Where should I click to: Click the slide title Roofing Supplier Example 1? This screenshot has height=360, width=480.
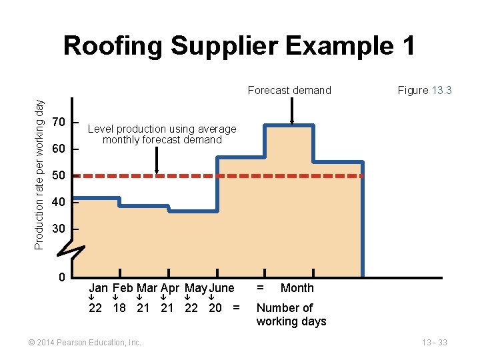(x=239, y=46)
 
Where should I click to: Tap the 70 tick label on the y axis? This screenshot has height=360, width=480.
(x=59, y=123)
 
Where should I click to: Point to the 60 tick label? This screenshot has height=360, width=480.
(x=59, y=149)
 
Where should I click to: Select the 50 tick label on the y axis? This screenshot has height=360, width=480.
(x=59, y=175)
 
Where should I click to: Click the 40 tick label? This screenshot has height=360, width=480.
(x=59, y=202)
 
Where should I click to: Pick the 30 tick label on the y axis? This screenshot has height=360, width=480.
(x=59, y=229)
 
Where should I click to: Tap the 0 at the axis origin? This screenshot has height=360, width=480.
(x=61, y=277)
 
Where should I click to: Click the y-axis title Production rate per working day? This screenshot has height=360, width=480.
(x=39, y=175)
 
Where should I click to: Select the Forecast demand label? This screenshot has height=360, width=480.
(x=289, y=91)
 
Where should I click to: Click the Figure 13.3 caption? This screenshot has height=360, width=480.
(x=425, y=90)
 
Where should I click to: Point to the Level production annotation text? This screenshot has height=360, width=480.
(x=162, y=134)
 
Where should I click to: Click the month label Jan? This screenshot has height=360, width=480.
(x=99, y=288)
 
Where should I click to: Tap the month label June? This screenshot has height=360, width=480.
(x=222, y=288)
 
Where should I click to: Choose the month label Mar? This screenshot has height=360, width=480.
(x=147, y=288)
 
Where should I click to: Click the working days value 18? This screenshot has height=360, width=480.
(x=119, y=308)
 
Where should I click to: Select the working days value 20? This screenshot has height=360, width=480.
(x=215, y=308)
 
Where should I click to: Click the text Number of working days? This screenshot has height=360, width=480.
(x=291, y=315)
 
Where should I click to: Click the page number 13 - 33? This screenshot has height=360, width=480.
(x=434, y=343)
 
